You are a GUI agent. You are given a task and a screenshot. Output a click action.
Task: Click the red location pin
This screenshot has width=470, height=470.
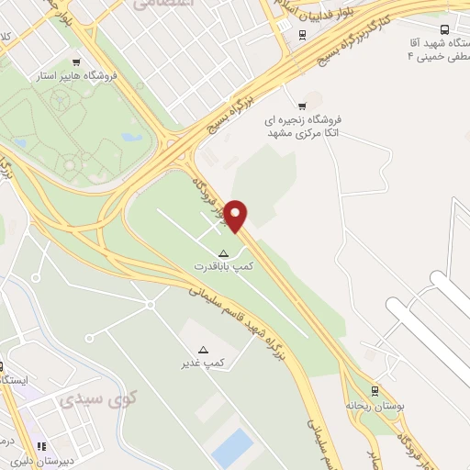(237, 215)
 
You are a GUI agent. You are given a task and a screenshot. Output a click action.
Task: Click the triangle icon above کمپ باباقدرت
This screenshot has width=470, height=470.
(222, 252)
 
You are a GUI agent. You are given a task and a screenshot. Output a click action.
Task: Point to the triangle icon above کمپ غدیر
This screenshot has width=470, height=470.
(204, 350)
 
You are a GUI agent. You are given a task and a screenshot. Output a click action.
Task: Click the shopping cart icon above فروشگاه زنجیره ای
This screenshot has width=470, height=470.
(302, 105)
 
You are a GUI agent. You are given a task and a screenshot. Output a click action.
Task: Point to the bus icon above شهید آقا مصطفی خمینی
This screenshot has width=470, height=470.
(444, 29)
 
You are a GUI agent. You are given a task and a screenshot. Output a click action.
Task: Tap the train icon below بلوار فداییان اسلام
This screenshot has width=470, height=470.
(302, 36)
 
